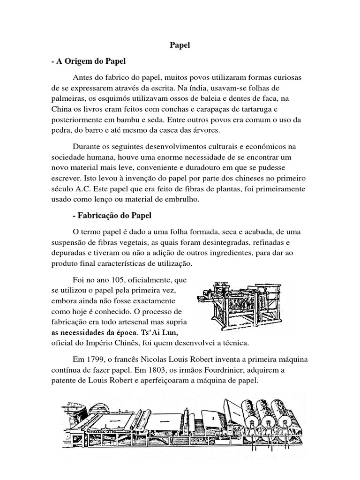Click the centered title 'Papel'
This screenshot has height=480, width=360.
pyautogui.click(x=180, y=46)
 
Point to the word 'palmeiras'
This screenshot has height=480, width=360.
pyautogui.click(x=68, y=98)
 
